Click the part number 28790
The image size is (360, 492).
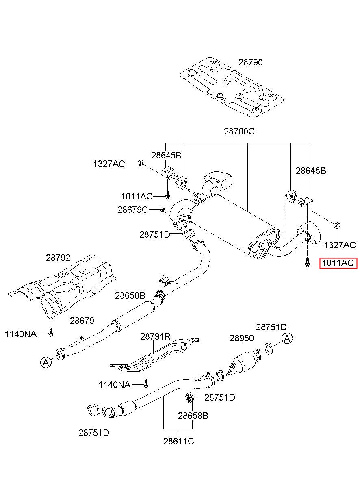coord(250,63)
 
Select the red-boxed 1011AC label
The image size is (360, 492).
coord(338,264)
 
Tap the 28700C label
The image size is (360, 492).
coord(239,132)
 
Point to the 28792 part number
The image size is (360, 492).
coord(58,258)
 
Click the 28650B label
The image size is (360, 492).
coord(130,296)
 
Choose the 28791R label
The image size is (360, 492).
coord(155,336)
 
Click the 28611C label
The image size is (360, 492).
coord(178,441)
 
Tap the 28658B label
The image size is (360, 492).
coord(193,416)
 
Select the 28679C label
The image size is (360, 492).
coord(133,210)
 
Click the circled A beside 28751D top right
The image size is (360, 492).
coord(287,338)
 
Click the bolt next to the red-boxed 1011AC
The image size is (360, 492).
coord(307,264)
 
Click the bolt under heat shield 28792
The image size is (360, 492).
coord(50,332)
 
